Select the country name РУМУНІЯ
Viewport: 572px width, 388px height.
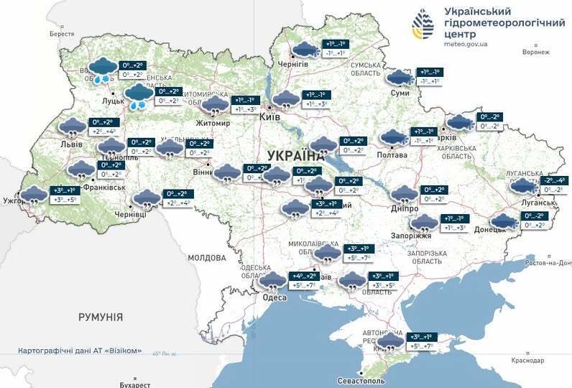100,317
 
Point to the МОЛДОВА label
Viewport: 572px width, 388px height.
208,257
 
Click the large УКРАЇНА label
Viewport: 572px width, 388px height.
295,155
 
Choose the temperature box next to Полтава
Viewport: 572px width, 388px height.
424,136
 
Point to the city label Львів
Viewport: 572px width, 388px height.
72,144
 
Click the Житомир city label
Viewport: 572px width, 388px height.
213,123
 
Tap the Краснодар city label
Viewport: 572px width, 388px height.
528,360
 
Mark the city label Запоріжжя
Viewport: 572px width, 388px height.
412,236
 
